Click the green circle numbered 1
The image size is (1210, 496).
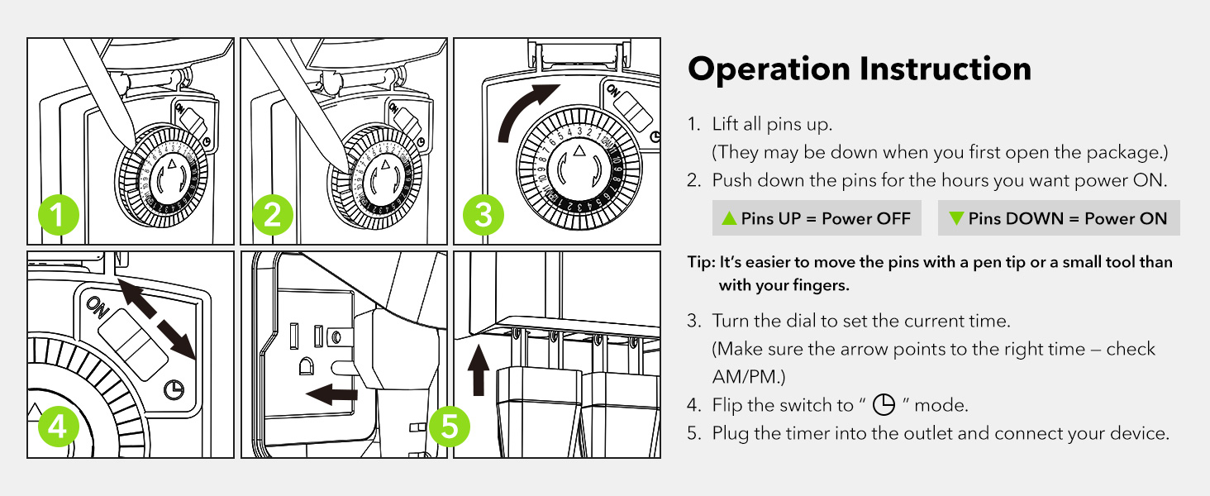coord(58,217)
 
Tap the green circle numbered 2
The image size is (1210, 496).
coord(272,217)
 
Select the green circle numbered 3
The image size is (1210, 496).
coord(484,217)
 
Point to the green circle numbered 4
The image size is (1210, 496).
coord(58,427)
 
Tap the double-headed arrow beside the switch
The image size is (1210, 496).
coord(156,319)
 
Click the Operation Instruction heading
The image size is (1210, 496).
coord(860,69)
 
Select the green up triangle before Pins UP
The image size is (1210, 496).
coord(729,218)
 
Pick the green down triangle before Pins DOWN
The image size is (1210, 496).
coord(956,218)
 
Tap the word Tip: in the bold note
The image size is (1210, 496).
coord(701,262)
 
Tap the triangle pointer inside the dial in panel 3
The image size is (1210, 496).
coord(579,151)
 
